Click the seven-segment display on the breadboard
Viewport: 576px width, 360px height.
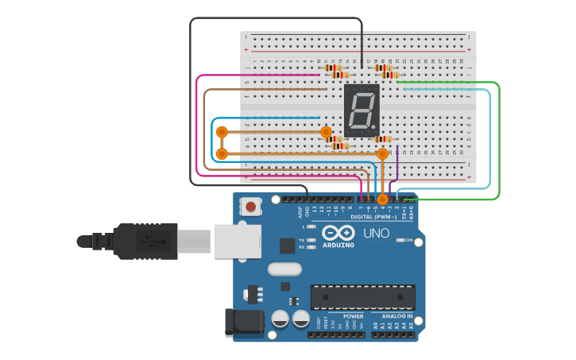coord(361,110)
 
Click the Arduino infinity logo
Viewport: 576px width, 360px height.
coord(339,233)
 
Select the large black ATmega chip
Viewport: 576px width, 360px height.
coord(362,296)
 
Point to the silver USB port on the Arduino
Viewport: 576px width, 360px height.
coord(238,241)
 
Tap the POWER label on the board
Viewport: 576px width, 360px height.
coord(354,316)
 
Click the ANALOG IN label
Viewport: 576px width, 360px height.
coord(392,316)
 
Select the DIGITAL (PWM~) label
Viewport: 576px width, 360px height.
coord(373,216)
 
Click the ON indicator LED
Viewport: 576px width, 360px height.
coord(400,239)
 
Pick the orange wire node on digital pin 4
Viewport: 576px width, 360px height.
coord(382,199)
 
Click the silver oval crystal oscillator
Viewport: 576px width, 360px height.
coord(284,269)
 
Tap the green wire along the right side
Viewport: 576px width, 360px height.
coord(499,143)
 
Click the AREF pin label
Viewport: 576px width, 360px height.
coord(300,211)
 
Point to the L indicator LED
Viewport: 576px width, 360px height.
coord(312,226)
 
